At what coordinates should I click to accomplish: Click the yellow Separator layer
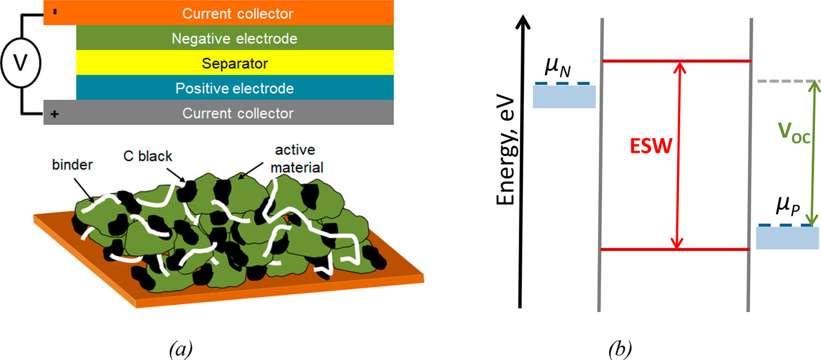pos(235,62)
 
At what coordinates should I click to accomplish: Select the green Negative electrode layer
pos(235,38)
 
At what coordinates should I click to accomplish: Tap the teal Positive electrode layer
pos(235,88)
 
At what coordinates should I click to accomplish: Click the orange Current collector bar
pos(218,13)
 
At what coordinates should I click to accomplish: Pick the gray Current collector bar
pos(218,112)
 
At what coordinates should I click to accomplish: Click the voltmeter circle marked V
pos(21,62)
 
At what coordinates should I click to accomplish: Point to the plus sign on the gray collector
pos(55,114)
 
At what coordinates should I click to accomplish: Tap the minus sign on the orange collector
pos(55,12)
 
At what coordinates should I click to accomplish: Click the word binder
pos(72,165)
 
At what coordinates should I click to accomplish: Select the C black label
pos(148,156)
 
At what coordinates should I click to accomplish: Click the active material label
pos(297,158)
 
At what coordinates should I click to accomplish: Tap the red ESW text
pos(651,146)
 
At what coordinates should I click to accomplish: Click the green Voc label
pos(794,132)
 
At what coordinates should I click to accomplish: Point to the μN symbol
pos(557,67)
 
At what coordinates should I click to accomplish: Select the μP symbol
pos(788,207)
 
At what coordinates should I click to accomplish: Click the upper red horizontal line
pos(677,61)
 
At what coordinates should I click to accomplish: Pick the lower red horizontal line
pos(675,249)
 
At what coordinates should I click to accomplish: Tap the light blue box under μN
pos(564,97)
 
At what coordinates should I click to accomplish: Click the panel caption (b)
pos(620,348)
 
